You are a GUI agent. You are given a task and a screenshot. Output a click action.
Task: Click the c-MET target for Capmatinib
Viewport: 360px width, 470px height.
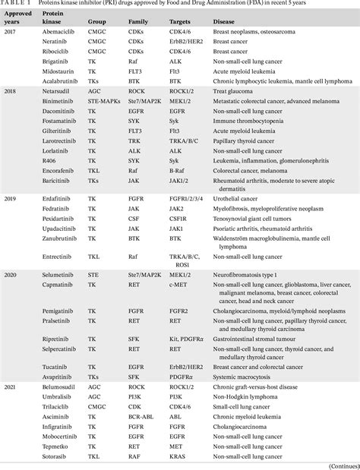pyautogui.click(x=179, y=283)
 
